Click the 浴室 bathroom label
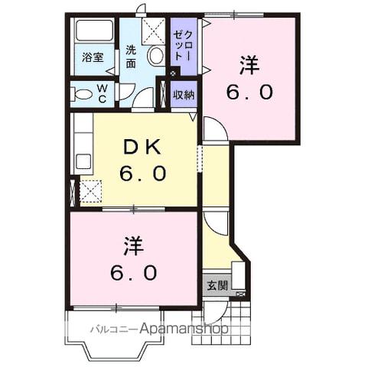(93, 57)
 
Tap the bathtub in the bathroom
(93, 32)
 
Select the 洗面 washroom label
(132, 57)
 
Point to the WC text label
(103, 93)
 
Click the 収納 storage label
(183, 95)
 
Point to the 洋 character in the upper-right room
(249, 66)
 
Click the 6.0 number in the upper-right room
(249, 93)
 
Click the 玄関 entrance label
(217, 285)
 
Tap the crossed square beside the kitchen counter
(90, 190)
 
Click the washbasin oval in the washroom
(155, 55)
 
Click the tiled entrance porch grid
(233, 314)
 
